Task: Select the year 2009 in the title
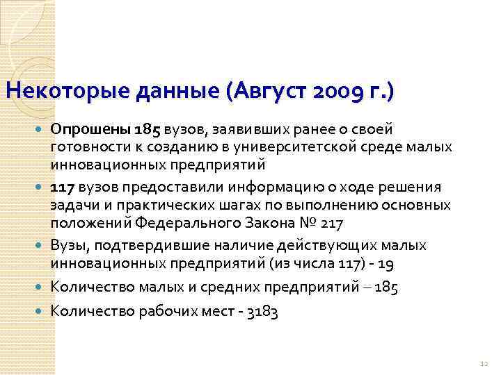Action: click(x=337, y=90)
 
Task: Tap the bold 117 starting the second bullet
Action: click(x=63, y=188)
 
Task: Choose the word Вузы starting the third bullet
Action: click(x=67, y=247)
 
